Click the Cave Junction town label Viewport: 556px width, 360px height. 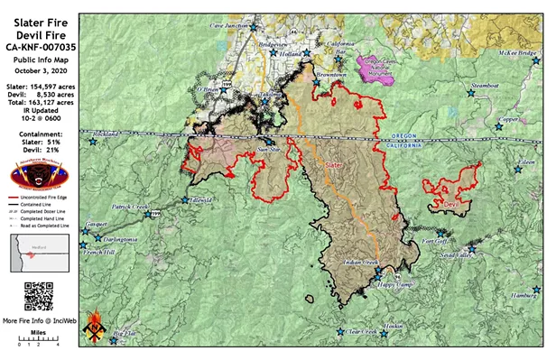coord(229,26)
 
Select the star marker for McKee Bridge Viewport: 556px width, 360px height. coord(540,61)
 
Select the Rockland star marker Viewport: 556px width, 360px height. coord(92,141)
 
